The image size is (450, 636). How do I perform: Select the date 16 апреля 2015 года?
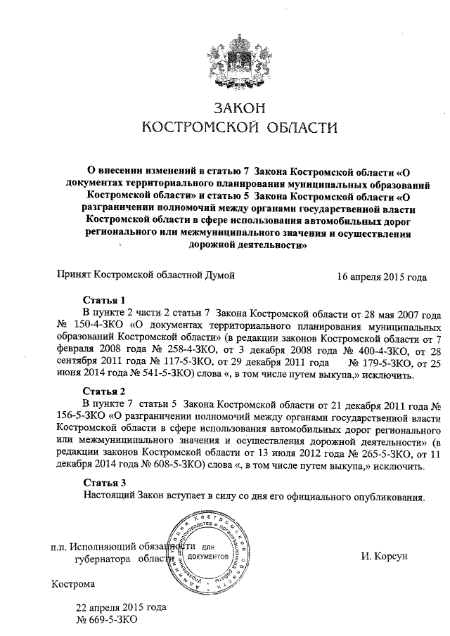[382, 277]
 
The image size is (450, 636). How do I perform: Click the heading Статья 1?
[104, 298]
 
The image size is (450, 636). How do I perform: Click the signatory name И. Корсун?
[385, 557]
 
